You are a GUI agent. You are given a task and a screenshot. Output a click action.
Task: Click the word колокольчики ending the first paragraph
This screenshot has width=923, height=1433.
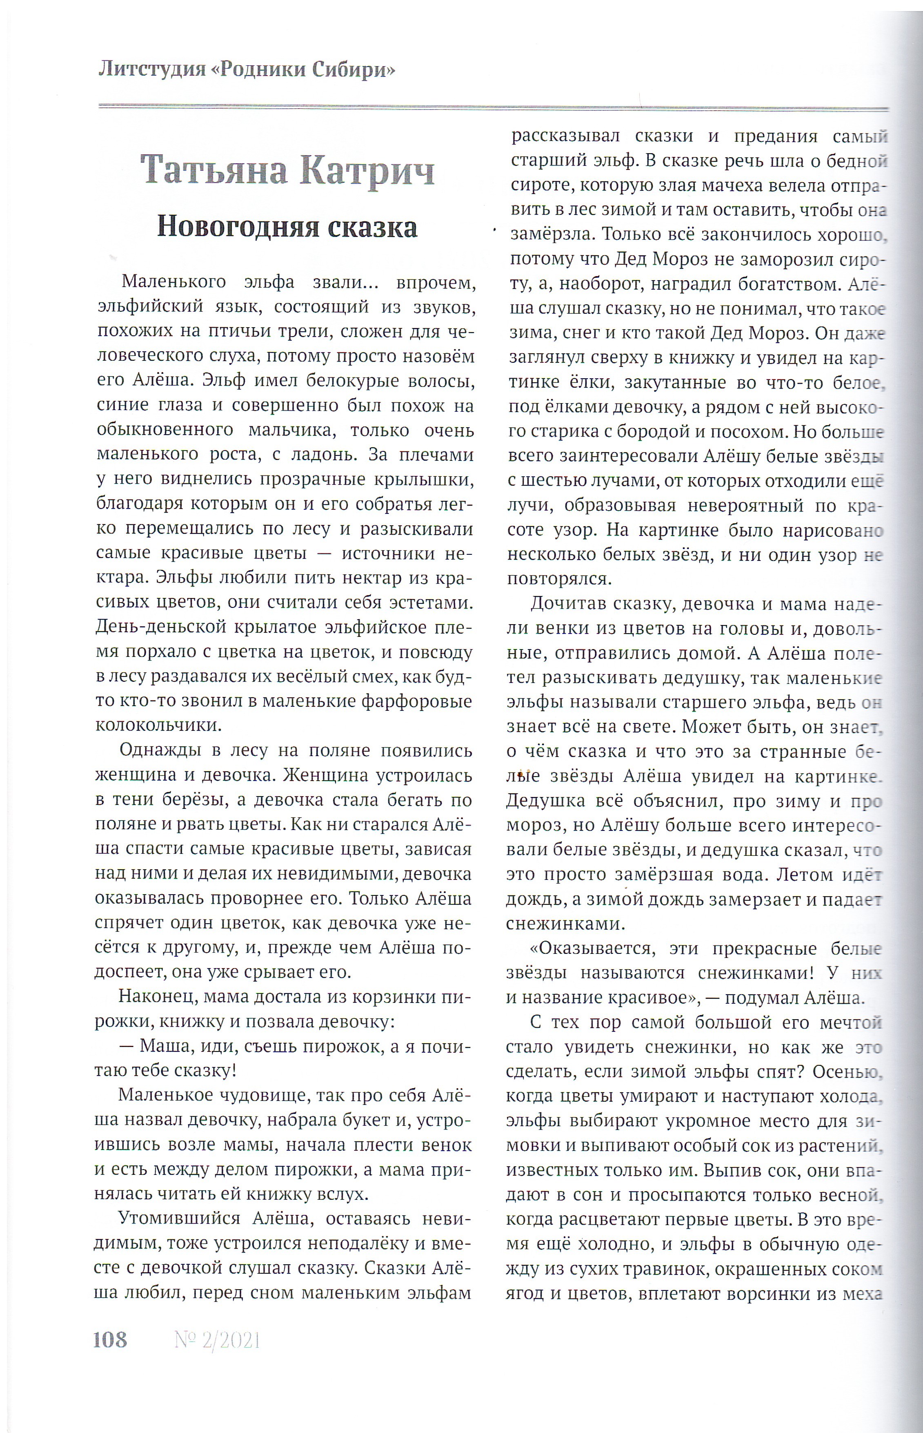click(158, 725)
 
